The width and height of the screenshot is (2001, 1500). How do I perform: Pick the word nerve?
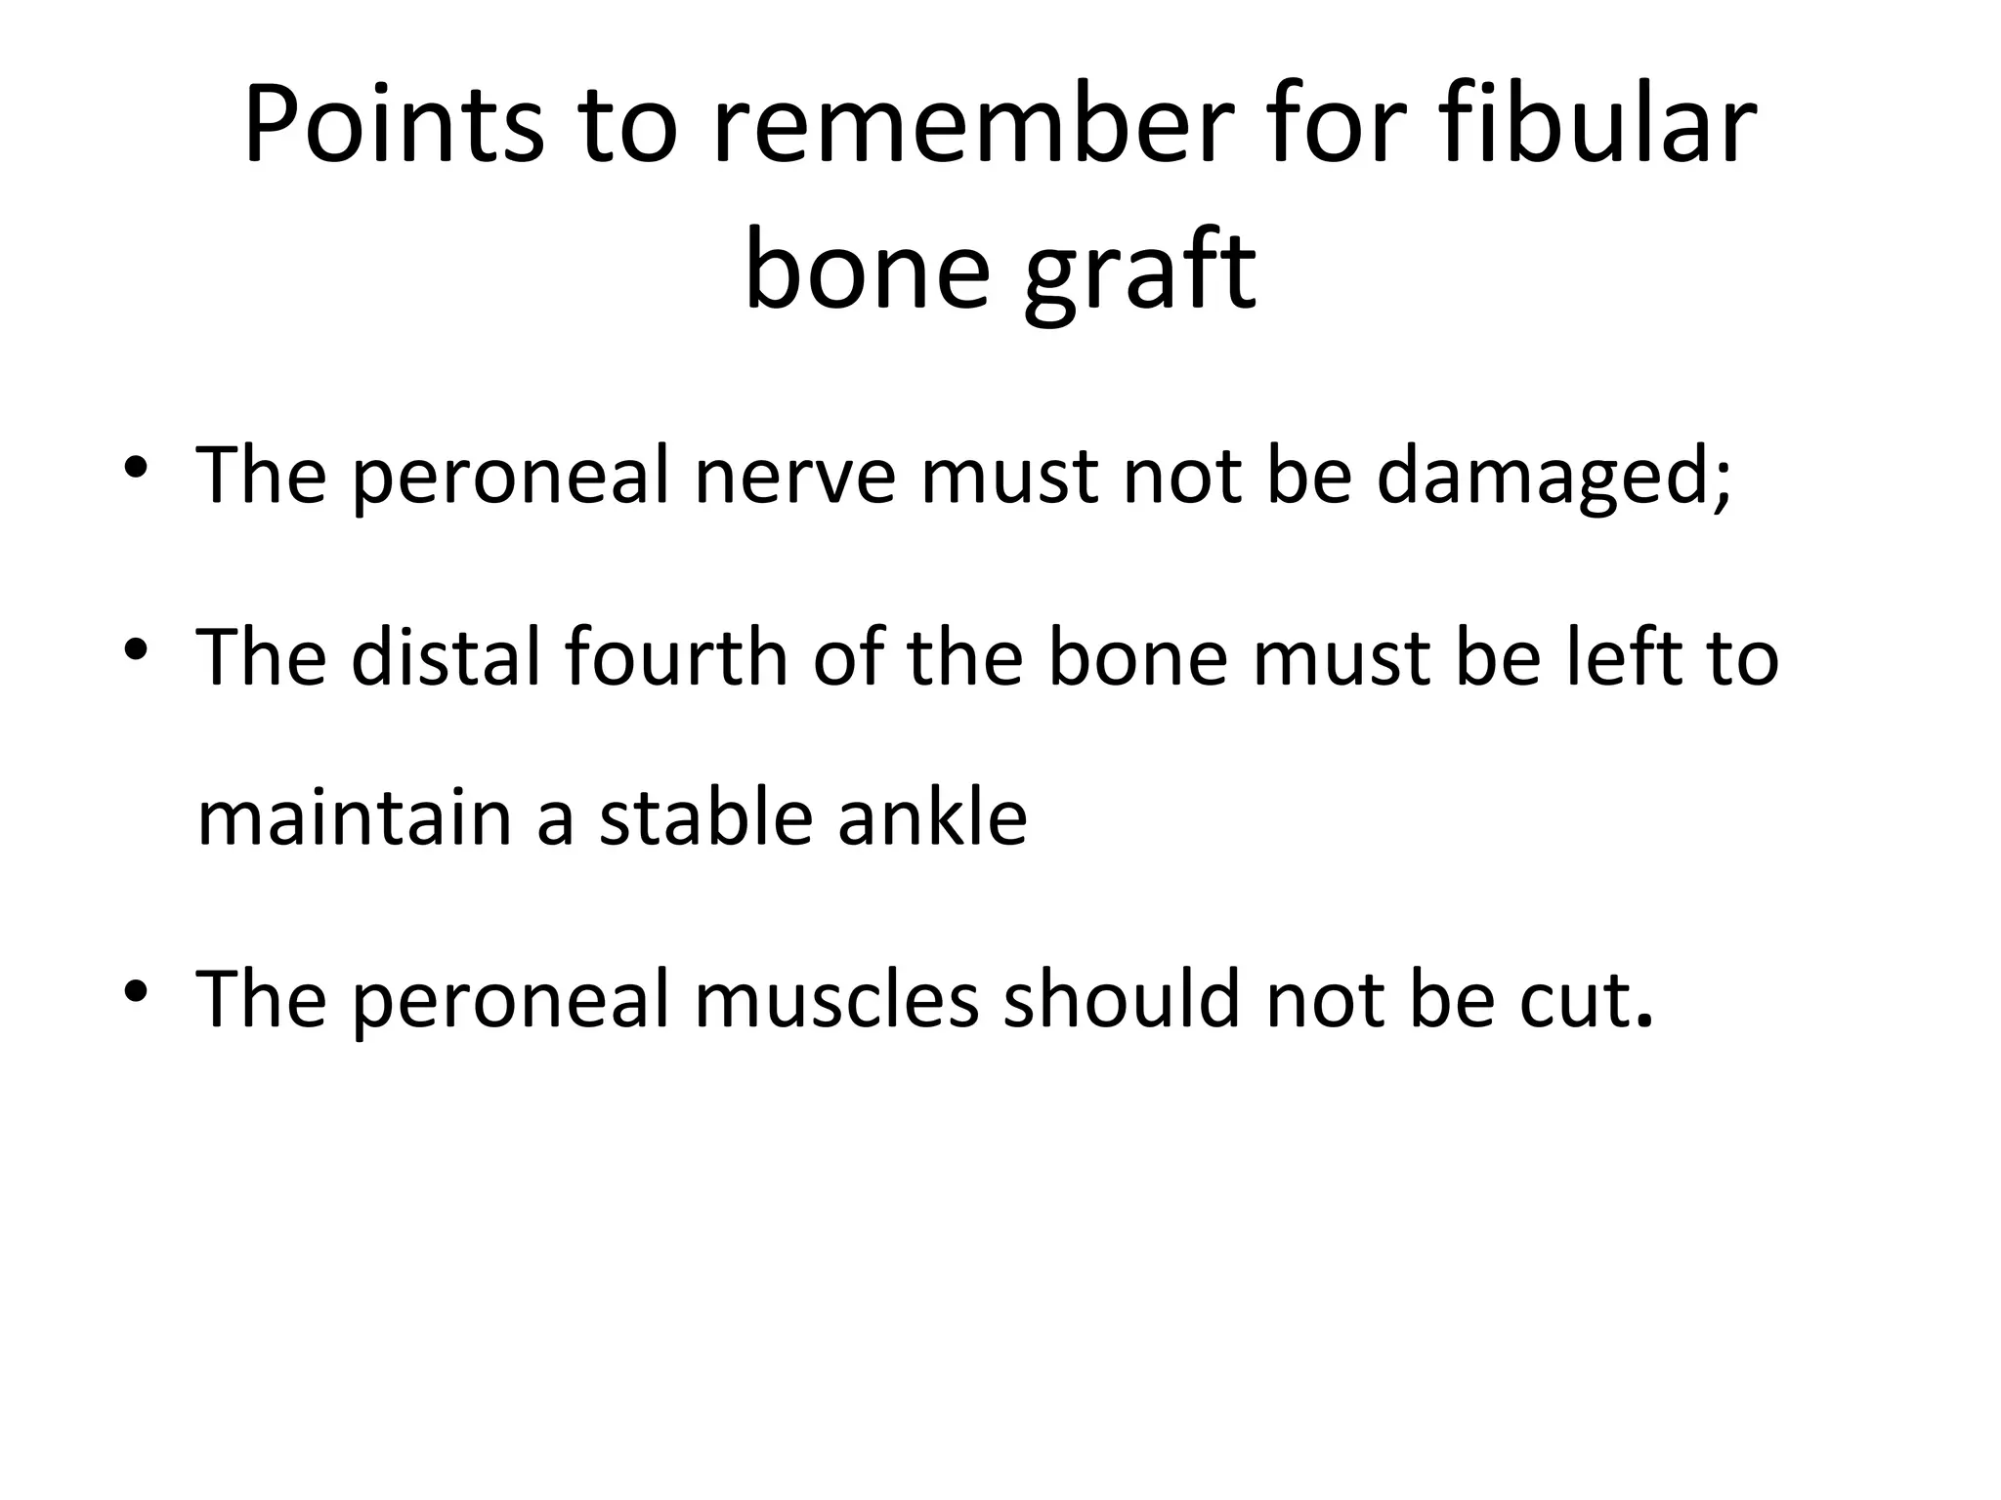(793, 477)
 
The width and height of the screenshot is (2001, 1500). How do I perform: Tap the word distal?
(446, 657)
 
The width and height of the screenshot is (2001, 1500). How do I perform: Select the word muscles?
(836, 998)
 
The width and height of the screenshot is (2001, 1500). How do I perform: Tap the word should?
(1122, 998)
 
